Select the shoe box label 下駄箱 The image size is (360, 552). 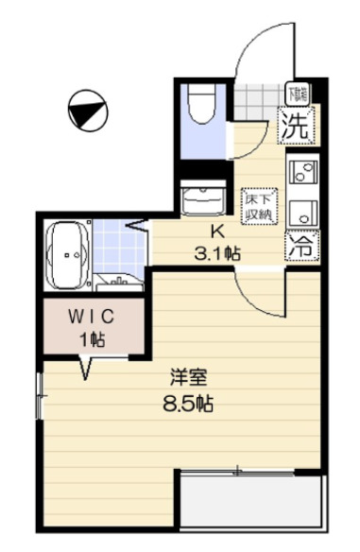[x=299, y=93]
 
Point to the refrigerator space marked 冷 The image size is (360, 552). [x=301, y=248]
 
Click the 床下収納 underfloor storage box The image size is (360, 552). [x=258, y=206]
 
